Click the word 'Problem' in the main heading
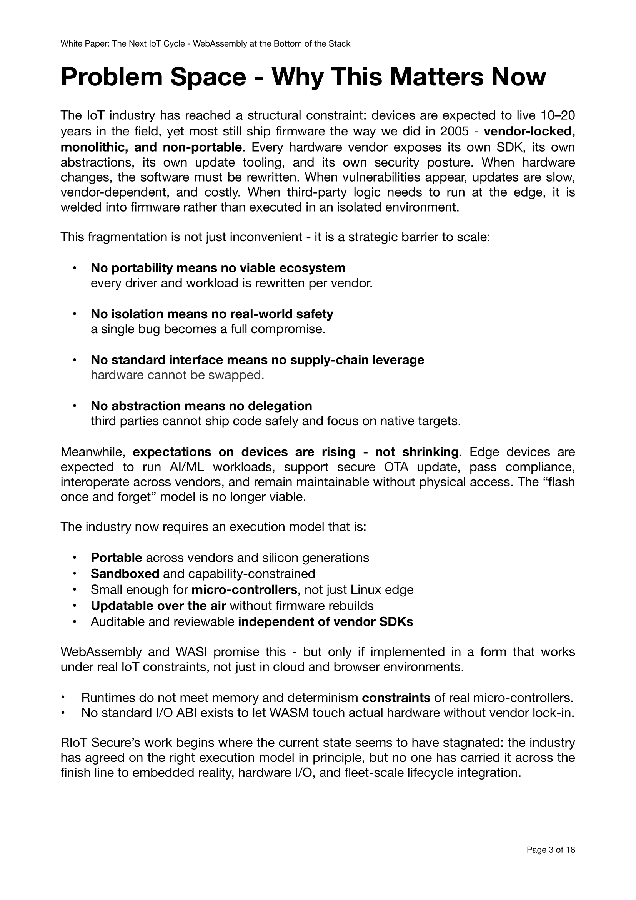[x=111, y=77]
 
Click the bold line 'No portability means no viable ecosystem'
[x=218, y=268]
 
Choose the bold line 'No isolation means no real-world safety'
[x=212, y=314]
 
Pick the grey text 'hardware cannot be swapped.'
[x=177, y=375]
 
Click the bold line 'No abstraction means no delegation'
[x=201, y=406]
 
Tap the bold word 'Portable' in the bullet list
[x=116, y=558]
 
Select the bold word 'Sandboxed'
[x=125, y=573]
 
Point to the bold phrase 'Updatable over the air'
[x=158, y=606]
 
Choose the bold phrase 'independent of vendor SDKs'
[x=325, y=622]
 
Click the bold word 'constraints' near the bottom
[x=396, y=698]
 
